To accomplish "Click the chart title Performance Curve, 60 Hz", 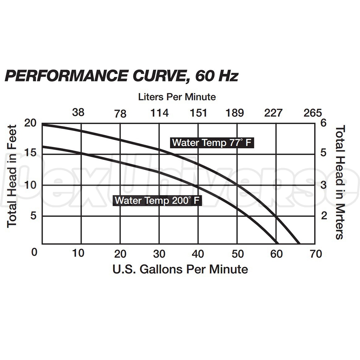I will coord(121,76).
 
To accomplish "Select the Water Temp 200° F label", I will coord(157,200).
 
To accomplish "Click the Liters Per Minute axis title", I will coord(177,97).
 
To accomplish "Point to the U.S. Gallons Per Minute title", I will coord(180,269).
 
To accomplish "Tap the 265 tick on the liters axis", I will coord(312,113).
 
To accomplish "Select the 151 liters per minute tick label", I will coord(198,113).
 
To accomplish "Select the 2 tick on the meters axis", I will coord(324,216).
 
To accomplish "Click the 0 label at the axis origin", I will coord(34,252).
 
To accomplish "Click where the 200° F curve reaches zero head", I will coord(277,244).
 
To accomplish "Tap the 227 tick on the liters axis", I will coord(274,113).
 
